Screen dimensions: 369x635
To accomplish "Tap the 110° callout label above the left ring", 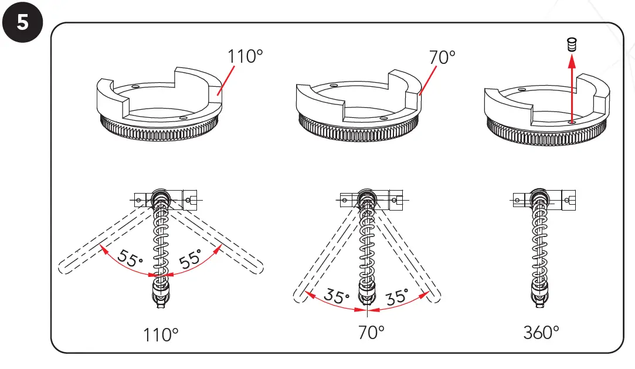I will (245, 57).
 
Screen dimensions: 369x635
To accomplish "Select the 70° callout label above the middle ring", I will (442, 57).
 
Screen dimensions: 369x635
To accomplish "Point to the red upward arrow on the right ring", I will (572, 88).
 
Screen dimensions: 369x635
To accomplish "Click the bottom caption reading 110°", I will (161, 335).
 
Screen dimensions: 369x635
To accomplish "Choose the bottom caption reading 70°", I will (371, 333).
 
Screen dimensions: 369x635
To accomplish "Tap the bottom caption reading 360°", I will (541, 333).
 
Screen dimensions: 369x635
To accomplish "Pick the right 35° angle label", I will (397, 297).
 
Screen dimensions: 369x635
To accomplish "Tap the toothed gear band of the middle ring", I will (358, 128).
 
